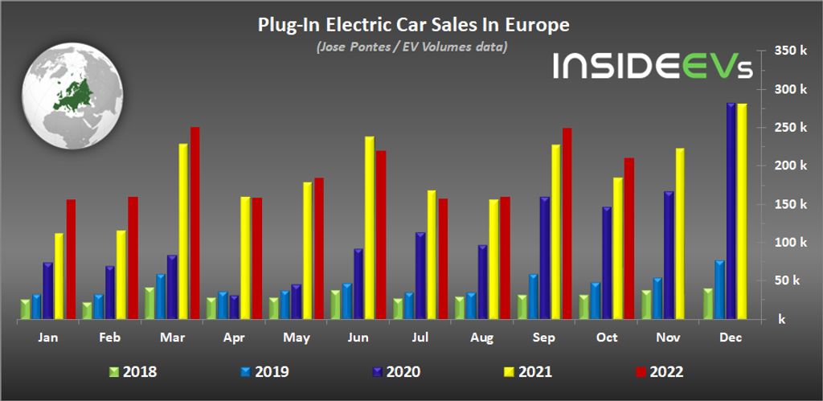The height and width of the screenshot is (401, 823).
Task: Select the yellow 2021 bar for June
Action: (370, 228)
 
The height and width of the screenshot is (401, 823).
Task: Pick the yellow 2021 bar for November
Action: (680, 234)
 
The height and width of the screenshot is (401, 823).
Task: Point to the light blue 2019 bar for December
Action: (719, 290)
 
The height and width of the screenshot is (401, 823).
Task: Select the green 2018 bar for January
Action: (25, 309)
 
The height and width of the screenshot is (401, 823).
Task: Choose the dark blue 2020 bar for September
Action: (545, 258)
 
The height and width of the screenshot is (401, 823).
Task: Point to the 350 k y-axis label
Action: (790, 51)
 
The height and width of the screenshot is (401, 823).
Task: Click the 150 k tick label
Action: (790, 204)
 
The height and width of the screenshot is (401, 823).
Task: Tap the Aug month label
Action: (483, 338)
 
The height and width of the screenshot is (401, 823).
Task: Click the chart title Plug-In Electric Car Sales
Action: (413, 25)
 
